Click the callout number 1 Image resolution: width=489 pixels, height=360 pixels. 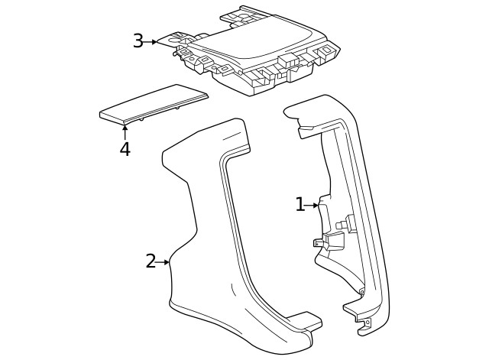click(x=300, y=204)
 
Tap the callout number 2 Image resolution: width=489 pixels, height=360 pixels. click(x=151, y=261)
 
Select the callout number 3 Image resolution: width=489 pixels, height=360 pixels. click(x=138, y=41)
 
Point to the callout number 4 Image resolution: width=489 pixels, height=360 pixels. click(x=125, y=149)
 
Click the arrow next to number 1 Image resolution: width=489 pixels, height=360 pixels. click(x=313, y=205)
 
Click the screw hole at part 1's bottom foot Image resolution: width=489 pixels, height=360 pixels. click(x=367, y=323)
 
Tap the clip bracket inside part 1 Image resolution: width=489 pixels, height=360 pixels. click(x=327, y=242)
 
